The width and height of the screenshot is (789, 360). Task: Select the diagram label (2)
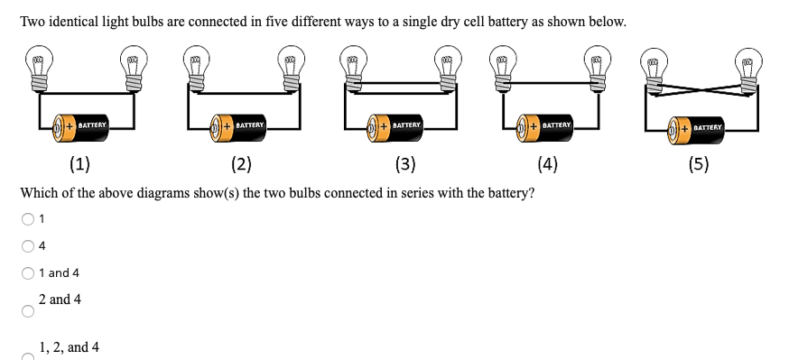pyautogui.click(x=240, y=164)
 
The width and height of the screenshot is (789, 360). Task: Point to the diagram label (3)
pyautogui.click(x=405, y=164)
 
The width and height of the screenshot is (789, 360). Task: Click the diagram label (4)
pyautogui.click(x=547, y=164)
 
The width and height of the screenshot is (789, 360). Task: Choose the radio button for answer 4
pyautogui.click(x=28, y=245)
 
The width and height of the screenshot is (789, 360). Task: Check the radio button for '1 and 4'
pyautogui.click(x=28, y=272)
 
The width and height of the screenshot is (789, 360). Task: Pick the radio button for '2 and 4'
pyautogui.click(x=28, y=312)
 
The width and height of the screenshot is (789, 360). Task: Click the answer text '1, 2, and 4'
pyautogui.click(x=70, y=347)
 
